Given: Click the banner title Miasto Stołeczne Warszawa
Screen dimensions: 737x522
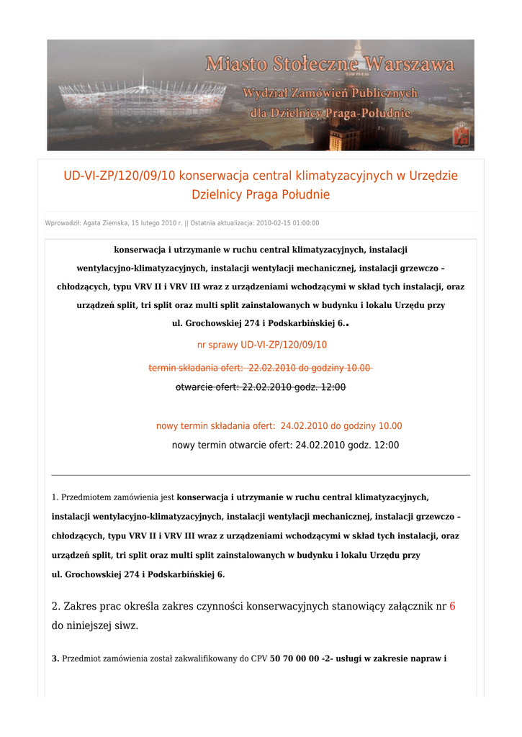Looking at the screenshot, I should tap(330, 65).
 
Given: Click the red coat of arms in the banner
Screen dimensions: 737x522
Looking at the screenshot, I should tap(461, 135).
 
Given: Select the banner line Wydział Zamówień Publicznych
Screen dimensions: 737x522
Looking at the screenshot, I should tap(330, 94).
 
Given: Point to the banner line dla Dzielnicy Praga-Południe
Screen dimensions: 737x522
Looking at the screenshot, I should tap(330, 113).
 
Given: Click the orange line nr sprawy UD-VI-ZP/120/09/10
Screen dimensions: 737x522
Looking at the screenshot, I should tap(262, 345).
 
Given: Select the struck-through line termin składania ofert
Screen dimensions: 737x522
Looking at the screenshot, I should tap(259, 368).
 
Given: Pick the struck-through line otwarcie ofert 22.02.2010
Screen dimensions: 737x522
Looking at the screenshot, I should tap(261, 387).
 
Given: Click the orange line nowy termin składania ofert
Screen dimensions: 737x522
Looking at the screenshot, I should tap(279, 426).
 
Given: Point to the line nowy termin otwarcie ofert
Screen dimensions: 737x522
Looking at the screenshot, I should tap(285, 446).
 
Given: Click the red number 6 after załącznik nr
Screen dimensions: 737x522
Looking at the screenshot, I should tap(452, 606).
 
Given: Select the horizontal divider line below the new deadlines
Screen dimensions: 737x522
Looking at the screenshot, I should tap(261, 475).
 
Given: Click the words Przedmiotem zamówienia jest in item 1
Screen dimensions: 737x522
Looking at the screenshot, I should tap(118, 497).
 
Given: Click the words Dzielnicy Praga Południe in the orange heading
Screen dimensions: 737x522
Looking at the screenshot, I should tap(261, 194).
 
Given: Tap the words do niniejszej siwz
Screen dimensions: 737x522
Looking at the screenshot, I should tap(95, 626).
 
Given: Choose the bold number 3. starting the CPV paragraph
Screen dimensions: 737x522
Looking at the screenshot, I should tap(55, 659).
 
